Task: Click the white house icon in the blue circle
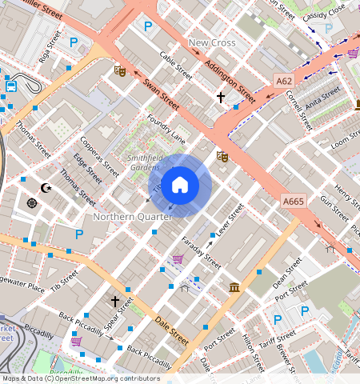[x=180, y=186]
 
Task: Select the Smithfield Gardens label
[x=144, y=163]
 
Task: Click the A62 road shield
[x=284, y=81]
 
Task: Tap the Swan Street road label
[x=161, y=93]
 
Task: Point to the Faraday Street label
[x=200, y=250]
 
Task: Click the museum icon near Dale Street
[x=234, y=287]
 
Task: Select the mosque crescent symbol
[x=46, y=188]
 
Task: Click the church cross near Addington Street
[x=221, y=97]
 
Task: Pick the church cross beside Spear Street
[x=115, y=301]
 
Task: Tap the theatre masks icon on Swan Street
[x=121, y=70]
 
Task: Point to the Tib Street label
[x=64, y=279]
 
